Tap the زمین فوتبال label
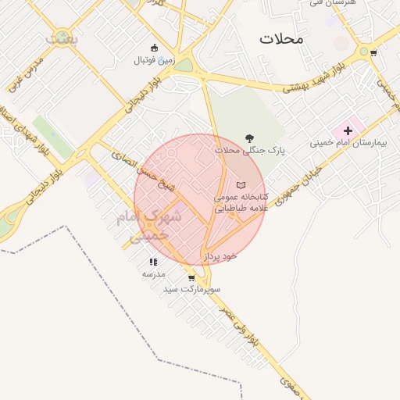tap(154, 60)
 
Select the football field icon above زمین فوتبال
tap(154, 48)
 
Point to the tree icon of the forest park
tap(249, 137)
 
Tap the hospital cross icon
tap(348, 130)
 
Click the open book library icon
tap(240, 184)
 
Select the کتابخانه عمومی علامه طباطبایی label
tap(241, 202)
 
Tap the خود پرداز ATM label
tap(220, 255)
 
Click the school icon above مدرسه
tap(153, 262)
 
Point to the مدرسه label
tap(153, 274)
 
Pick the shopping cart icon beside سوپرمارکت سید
tap(191, 277)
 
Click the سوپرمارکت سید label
tap(192, 289)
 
